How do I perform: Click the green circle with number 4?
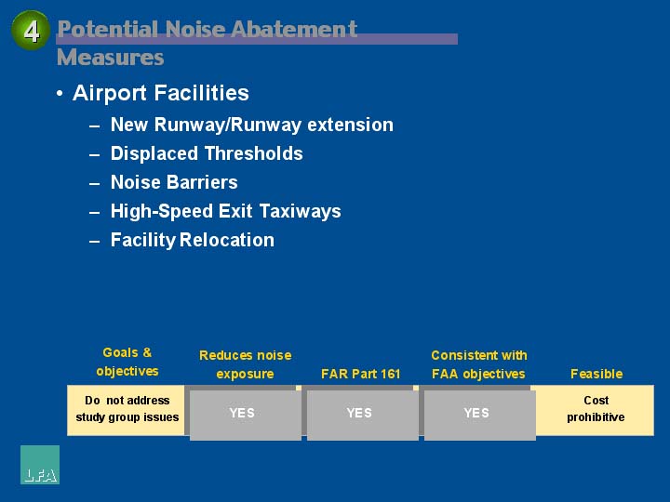click(x=31, y=31)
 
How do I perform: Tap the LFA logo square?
click(x=40, y=465)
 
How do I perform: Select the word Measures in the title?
click(x=110, y=58)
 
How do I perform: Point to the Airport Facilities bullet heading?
click(x=161, y=93)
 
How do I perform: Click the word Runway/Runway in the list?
click(x=228, y=125)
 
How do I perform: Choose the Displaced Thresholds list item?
click(x=207, y=153)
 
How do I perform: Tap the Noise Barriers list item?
click(x=174, y=182)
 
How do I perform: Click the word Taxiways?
click(x=301, y=211)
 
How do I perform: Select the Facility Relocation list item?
click(x=193, y=240)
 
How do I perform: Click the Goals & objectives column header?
click(x=127, y=362)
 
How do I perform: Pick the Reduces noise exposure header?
click(x=246, y=364)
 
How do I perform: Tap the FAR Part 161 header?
click(x=361, y=374)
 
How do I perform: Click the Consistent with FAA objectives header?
click(x=479, y=364)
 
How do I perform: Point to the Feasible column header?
click(x=596, y=374)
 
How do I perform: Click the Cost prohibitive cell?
click(x=596, y=410)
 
